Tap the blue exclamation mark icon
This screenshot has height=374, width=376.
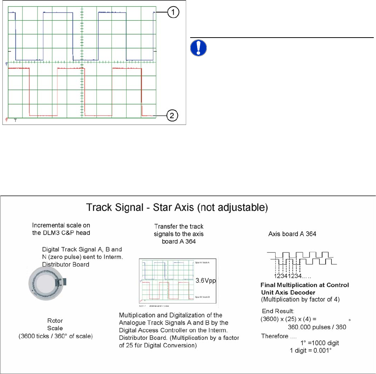click(199, 48)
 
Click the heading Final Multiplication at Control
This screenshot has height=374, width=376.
click(305, 285)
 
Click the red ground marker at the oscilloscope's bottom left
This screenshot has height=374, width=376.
click(7, 120)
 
